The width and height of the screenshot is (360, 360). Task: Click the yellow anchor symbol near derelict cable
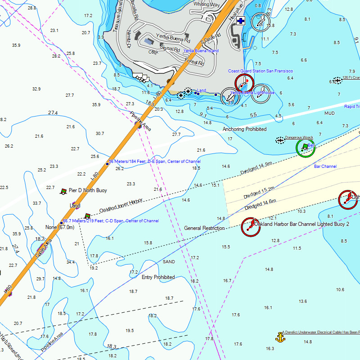tap(280, 337)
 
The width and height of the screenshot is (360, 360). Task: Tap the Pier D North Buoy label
tap(88, 190)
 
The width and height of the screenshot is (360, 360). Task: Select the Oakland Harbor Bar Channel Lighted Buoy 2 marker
tap(251, 226)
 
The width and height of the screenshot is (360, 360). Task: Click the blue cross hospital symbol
tap(241, 21)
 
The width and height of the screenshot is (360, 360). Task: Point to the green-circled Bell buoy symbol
tap(305, 148)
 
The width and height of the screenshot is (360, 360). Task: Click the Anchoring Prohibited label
tap(244, 129)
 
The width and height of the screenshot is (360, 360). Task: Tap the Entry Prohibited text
tap(158, 277)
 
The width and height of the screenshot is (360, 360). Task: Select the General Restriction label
tap(204, 228)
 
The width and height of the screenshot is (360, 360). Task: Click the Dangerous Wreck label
tap(299, 137)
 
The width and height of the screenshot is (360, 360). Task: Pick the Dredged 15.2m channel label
tap(259, 193)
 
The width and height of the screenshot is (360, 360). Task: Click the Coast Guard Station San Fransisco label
tap(261, 71)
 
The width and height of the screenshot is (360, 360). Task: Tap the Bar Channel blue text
tap(325, 166)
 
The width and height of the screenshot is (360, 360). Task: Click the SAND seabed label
tap(169, 261)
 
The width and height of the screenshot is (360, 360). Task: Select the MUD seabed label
tap(329, 113)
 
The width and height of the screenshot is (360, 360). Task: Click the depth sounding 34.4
tap(71, 262)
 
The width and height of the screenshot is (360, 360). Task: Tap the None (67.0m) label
tap(60, 227)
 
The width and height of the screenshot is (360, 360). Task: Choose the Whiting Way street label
tap(207, 4)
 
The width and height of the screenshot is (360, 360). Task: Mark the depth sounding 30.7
tap(100, 134)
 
